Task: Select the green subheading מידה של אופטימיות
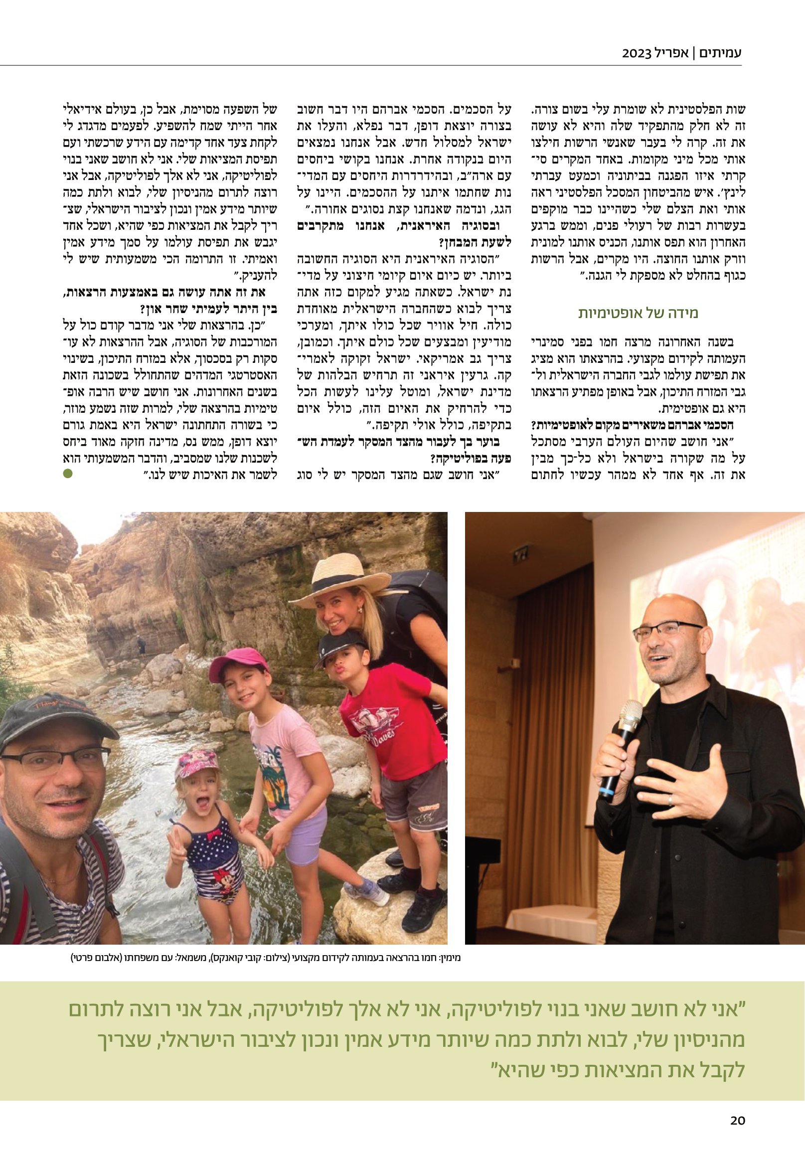click(x=638, y=313)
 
